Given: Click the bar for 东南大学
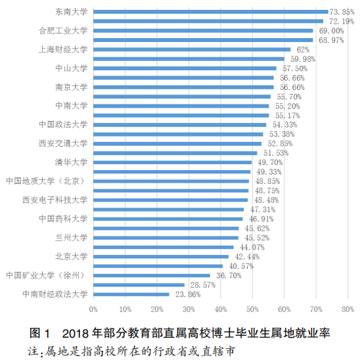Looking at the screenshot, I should coord(210,12).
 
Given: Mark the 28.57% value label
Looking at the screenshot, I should coord(202,285).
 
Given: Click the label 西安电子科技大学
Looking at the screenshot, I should coord(55,200).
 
